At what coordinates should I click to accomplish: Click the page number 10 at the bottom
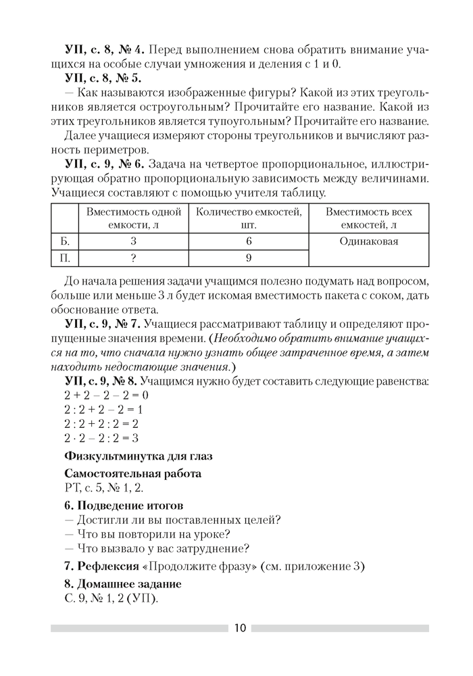[x=241, y=628]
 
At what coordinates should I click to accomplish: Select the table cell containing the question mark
[x=134, y=258]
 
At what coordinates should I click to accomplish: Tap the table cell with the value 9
[x=249, y=258]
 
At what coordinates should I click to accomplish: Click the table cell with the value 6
[x=249, y=241]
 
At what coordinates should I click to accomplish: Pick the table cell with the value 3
[x=134, y=241]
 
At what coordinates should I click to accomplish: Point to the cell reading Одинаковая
[x=369, y=241]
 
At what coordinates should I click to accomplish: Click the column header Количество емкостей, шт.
[x=249, y=218]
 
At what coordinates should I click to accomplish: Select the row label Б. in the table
[x=66, y=241]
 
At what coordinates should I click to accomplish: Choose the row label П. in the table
[x=66, y=258]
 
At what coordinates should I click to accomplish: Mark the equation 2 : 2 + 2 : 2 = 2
[x=101, y=425]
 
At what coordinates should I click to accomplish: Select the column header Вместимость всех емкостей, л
[x=369, y=218]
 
